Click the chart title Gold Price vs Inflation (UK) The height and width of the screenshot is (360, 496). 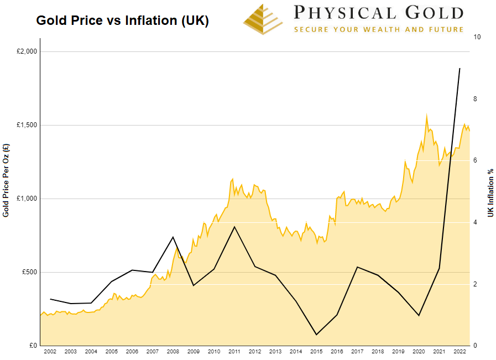122,20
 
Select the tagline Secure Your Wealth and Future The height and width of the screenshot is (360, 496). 378,29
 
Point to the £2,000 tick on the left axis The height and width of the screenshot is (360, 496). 26,51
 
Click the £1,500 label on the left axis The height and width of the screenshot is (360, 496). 26,125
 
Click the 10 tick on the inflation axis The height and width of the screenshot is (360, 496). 477,37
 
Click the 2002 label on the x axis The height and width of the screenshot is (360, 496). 50,352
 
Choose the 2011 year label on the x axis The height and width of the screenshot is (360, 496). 234,352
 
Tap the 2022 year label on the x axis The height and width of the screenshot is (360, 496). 460,352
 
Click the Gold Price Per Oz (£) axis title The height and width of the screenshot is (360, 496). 6,180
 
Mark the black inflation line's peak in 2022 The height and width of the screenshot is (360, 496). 460,69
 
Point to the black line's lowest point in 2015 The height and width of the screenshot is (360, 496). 316,335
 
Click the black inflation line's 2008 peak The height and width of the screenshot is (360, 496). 173,237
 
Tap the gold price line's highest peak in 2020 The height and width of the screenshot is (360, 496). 426,116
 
